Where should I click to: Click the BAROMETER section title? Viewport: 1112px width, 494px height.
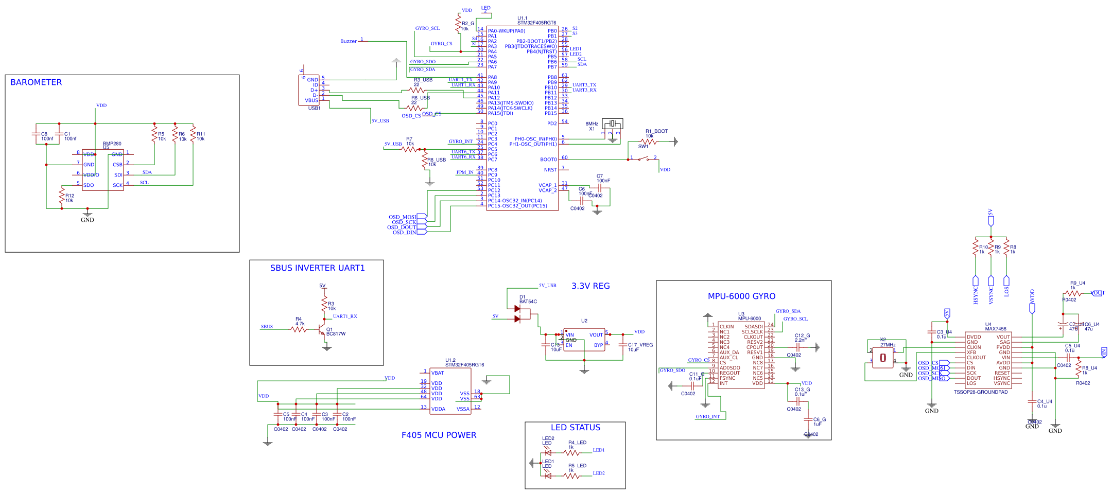tap(36, 82)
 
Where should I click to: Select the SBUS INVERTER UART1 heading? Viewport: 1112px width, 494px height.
tap(317, 268)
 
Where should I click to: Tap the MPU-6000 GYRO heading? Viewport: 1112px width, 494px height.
tap(741, 296)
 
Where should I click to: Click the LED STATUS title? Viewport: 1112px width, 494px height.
tap(575, 428)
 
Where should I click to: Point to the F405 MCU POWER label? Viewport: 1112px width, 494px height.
tap(439, 435)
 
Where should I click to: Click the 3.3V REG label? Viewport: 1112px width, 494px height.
tap(590, 286)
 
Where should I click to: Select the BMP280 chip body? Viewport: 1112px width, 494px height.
tap(103, 170)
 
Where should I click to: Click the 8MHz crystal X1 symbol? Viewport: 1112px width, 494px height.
tap(612, 123)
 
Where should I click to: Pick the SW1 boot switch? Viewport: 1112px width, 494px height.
tap(643, 158)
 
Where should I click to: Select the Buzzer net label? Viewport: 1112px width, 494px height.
tap(349, 41)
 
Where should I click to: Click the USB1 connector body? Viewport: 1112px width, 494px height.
tap(308, 90)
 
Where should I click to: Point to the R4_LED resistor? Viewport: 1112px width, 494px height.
tap(571, 453)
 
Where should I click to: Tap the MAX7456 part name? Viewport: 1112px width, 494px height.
tap(995, 329)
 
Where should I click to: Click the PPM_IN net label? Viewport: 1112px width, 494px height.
tap(464, 172)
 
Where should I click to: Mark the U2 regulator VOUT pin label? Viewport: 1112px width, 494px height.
tap(596, 335)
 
